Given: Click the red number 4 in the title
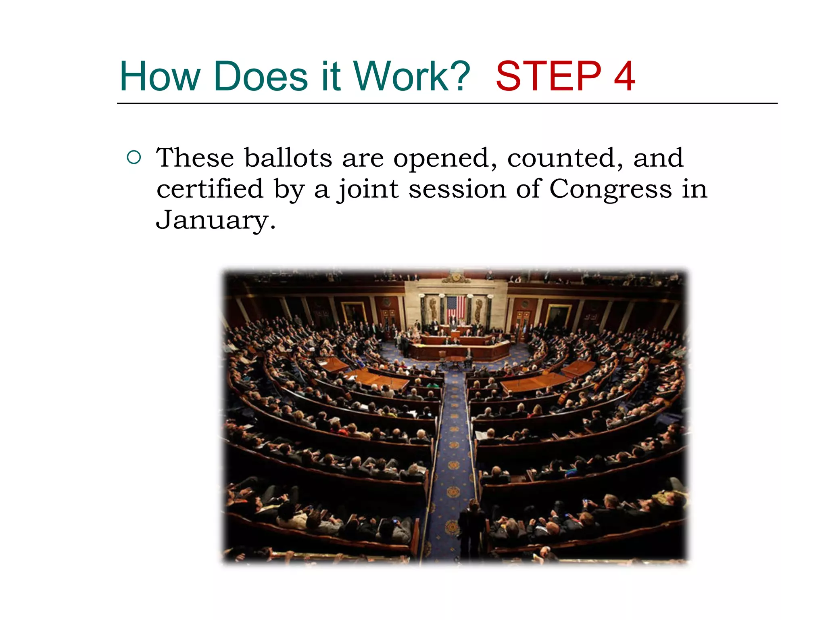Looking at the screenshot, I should click(624, 76).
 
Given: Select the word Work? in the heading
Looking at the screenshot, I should click(411, 76).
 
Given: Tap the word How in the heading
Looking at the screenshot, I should click(160, 76).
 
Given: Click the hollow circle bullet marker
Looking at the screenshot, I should click(133, 157).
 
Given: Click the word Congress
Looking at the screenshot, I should click(610, 190).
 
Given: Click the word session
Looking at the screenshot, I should click(457, 189).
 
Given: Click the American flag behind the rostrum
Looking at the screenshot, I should click(456, 307).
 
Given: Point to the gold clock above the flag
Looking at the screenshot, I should click(456, 277).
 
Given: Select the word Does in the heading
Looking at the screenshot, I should click(261, 76).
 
